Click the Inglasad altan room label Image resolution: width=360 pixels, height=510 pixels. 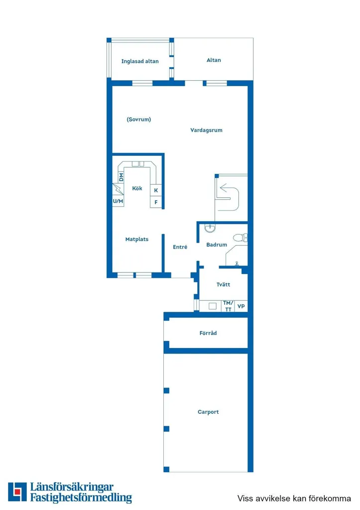pos(140,61)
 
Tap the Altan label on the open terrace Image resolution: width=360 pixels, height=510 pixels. pos(214,60)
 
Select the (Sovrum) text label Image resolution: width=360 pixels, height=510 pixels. pos(139,120)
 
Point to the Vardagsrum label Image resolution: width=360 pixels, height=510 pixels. pos(206,130)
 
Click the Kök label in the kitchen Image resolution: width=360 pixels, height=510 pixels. pos(137,188)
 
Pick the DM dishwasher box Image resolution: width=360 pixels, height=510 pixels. pos(121,177)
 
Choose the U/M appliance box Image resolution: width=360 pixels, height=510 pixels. pos(118,201)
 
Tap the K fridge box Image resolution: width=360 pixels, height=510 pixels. pos(156,190)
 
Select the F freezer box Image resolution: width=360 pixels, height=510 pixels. pos(156,202)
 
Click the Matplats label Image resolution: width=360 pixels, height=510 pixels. pos(137,239)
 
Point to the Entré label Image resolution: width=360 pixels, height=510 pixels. pos(180,247)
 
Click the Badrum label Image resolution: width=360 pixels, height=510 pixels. pos(217,245)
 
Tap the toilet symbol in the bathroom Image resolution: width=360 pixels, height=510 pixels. pos(240,238)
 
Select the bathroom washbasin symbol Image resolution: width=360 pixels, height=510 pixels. pos(211,228)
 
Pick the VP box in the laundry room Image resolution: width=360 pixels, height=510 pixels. pos(241,306)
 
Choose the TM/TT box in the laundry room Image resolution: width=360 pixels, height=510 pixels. pos(228,306)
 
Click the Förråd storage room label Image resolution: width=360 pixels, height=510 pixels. pos(208,333)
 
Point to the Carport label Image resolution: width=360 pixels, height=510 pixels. pos(208,412)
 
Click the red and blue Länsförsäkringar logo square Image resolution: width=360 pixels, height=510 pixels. pos(17,492)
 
